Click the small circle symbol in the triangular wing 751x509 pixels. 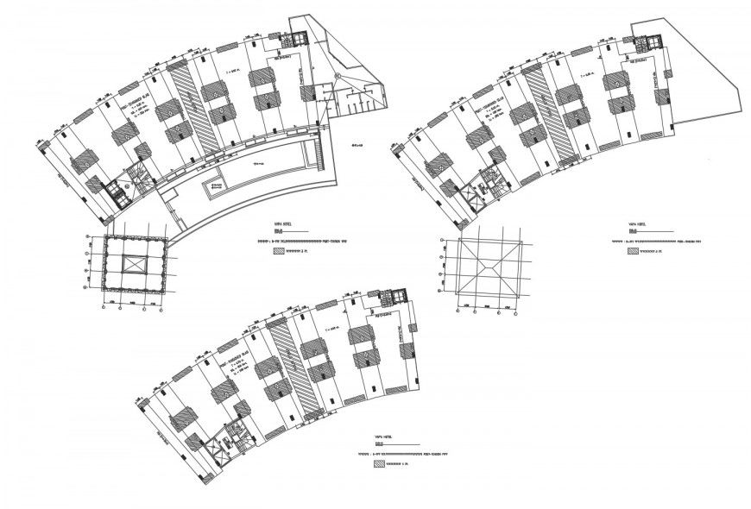[343, 77]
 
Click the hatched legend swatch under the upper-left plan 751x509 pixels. [278, 252]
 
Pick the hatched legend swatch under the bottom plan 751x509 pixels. [379, 463]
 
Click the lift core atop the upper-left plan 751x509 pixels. [299, 39]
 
